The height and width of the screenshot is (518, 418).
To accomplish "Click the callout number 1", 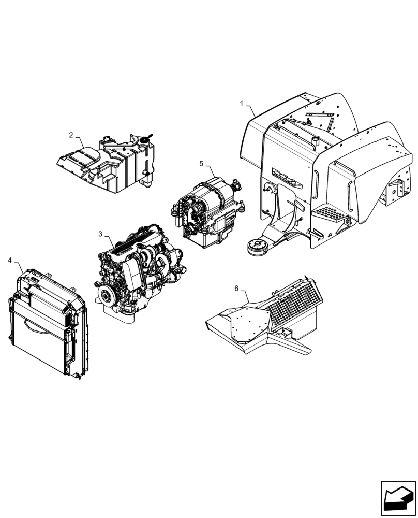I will (242, 104).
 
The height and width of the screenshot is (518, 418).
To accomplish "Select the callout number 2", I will (71, 135).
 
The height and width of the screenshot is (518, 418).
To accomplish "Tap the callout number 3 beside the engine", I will (100, 234).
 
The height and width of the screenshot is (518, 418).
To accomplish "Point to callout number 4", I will (10, 260).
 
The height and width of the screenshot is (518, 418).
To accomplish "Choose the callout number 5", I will (202, 164).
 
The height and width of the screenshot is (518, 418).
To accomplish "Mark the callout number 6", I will (237, 289).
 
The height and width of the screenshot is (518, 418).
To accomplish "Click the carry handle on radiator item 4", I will (42, 327).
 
